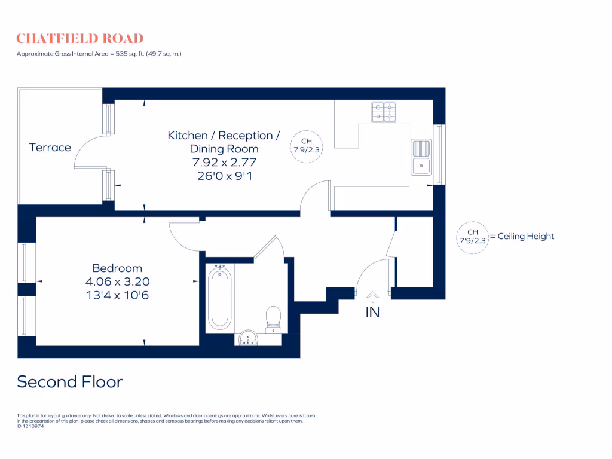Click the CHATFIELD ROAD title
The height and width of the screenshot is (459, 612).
pos(79,39)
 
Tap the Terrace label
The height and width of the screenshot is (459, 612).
pos(50,148)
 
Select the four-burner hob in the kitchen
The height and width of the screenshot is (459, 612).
pos(384,112)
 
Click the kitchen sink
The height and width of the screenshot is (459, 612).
pos(421,157)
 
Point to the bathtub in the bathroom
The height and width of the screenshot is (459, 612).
pos(220,298)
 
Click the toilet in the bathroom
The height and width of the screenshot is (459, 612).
pos(273,317)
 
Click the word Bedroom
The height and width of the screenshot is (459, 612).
pos(117,268)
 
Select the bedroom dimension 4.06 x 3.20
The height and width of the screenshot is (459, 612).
pos(117,281)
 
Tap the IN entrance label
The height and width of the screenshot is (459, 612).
pos(372,312)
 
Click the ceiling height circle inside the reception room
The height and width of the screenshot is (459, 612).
pos(306,146)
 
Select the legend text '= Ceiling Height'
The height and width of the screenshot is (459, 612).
pos(522,237)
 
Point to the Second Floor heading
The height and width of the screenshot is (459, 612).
pos(70,381)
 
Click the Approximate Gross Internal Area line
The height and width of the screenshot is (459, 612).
pos(99,54)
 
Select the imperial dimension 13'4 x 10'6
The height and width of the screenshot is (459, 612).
pos(117,295)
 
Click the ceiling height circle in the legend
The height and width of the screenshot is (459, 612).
pos(472,237)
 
